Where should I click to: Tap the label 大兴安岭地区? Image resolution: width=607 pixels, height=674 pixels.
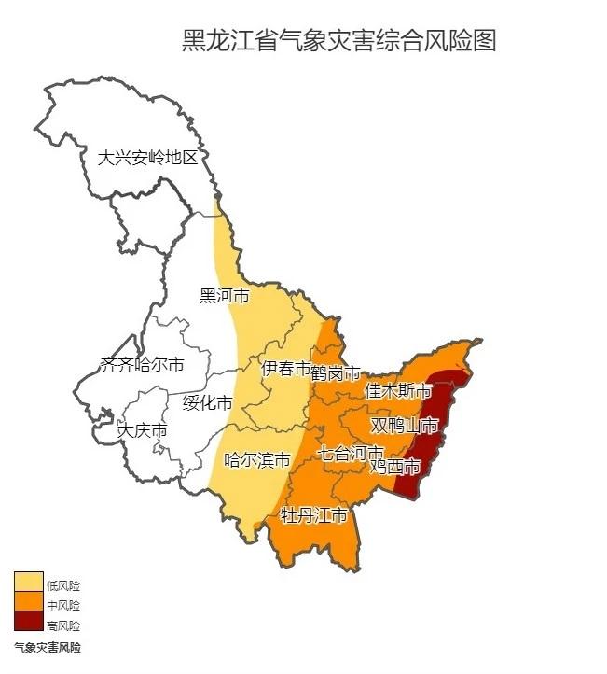point(148,158)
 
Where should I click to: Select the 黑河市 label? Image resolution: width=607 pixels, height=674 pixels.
point(225,297)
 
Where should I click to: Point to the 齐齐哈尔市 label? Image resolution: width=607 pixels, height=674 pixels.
point(142,365)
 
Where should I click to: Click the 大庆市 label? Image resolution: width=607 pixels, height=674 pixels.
point(143,431)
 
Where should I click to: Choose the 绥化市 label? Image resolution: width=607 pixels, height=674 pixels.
point(207,403)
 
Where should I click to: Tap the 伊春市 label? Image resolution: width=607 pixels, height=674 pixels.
point(286,369)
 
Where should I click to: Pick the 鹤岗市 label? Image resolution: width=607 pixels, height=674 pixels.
point(336,374)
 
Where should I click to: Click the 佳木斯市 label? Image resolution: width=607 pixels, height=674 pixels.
point(398,390)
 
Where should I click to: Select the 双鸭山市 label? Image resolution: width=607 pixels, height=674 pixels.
point(405,426)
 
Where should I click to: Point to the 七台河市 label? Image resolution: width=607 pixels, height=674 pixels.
point(350,454)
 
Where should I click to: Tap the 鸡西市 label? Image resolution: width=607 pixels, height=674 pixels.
point(395,466)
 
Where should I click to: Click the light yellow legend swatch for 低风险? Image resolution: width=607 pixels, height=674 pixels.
point(27,583)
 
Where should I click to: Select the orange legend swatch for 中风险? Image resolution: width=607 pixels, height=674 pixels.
point(27,604)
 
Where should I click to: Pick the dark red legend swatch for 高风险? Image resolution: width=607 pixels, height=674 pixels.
point(27,625)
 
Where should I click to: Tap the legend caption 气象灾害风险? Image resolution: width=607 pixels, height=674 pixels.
point(47,646)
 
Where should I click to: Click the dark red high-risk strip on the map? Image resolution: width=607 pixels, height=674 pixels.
point(432,429)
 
